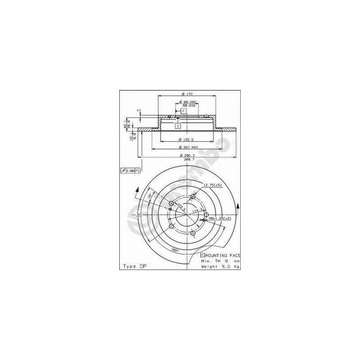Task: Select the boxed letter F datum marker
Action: point(183,111)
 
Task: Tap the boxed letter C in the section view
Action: point(178,126)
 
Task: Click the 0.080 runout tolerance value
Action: point(130,171)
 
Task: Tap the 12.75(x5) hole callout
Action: point(212,185)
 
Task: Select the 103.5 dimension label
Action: point(180,208)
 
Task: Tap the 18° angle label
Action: point(150,196)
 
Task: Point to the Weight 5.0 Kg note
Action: point(220,266)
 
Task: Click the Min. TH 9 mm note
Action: point(220,261)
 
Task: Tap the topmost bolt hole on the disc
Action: point(193,197)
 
